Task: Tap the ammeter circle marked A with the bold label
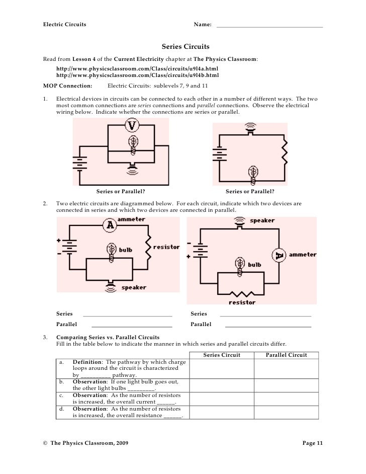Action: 110,226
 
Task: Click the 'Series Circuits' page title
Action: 186,47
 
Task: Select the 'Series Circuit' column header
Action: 222,355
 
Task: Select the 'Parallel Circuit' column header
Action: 286,355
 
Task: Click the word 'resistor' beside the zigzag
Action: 166,247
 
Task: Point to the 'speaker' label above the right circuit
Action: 262,220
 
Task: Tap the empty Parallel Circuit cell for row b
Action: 286,385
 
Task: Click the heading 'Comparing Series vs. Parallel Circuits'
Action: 108,337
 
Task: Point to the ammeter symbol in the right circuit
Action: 279,256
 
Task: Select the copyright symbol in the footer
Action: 45,442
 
